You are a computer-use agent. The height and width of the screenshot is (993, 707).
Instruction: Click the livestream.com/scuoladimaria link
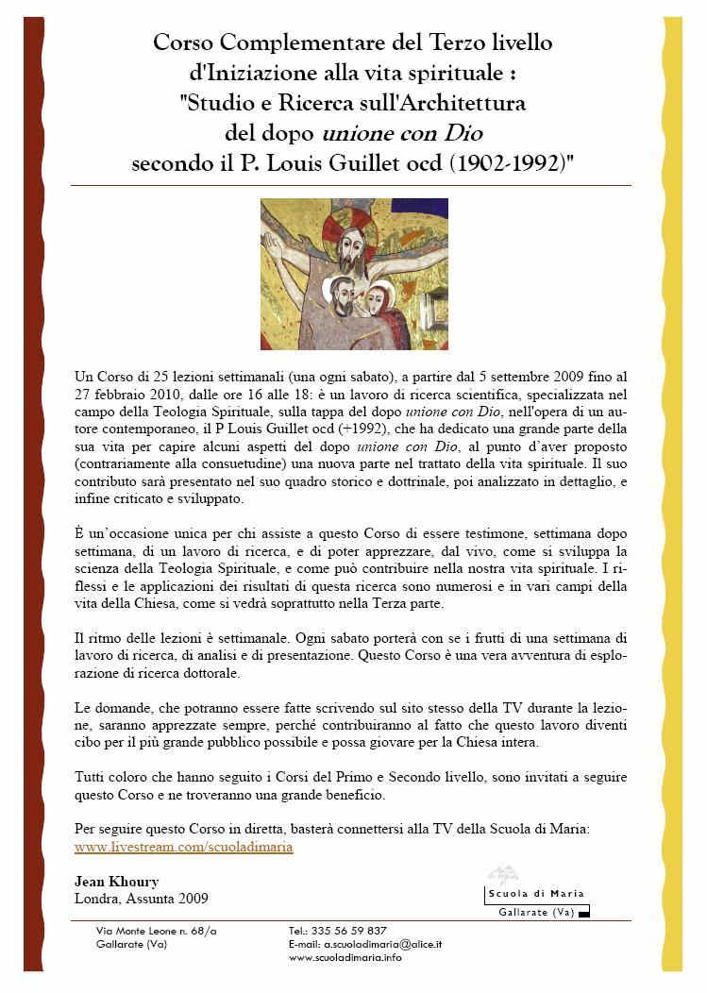pos(183,847)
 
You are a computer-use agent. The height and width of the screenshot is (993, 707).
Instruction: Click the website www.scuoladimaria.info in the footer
pos(345,957)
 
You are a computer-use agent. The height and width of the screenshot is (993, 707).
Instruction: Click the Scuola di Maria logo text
pos(535,894)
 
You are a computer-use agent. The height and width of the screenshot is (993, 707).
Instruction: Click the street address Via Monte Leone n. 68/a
pos(156,931)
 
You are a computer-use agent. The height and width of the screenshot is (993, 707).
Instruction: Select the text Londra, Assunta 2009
pos(141,899)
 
